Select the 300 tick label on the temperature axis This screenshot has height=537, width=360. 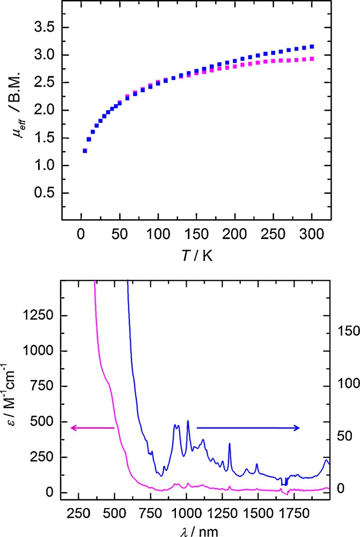tap(312, 234)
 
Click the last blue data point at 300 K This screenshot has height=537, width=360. tap(312, 47)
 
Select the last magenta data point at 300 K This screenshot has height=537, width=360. tap(312, 59)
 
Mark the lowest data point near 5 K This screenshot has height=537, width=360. tap(85, 151)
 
